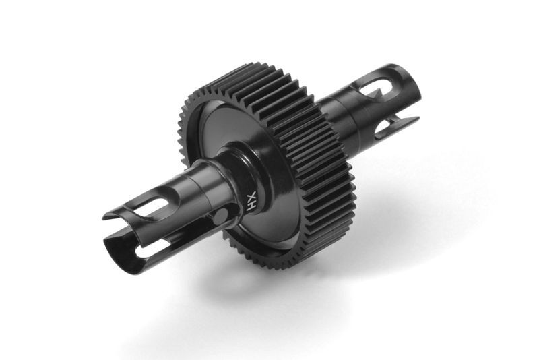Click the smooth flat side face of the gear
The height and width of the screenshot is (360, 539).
point(222,142)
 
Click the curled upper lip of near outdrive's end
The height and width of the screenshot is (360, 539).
point(118,213)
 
